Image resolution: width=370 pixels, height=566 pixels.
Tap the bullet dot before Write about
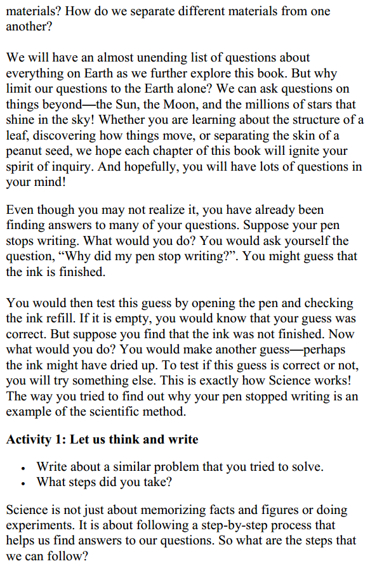point(23,468)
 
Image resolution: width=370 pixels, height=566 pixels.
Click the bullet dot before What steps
point(23,483)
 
